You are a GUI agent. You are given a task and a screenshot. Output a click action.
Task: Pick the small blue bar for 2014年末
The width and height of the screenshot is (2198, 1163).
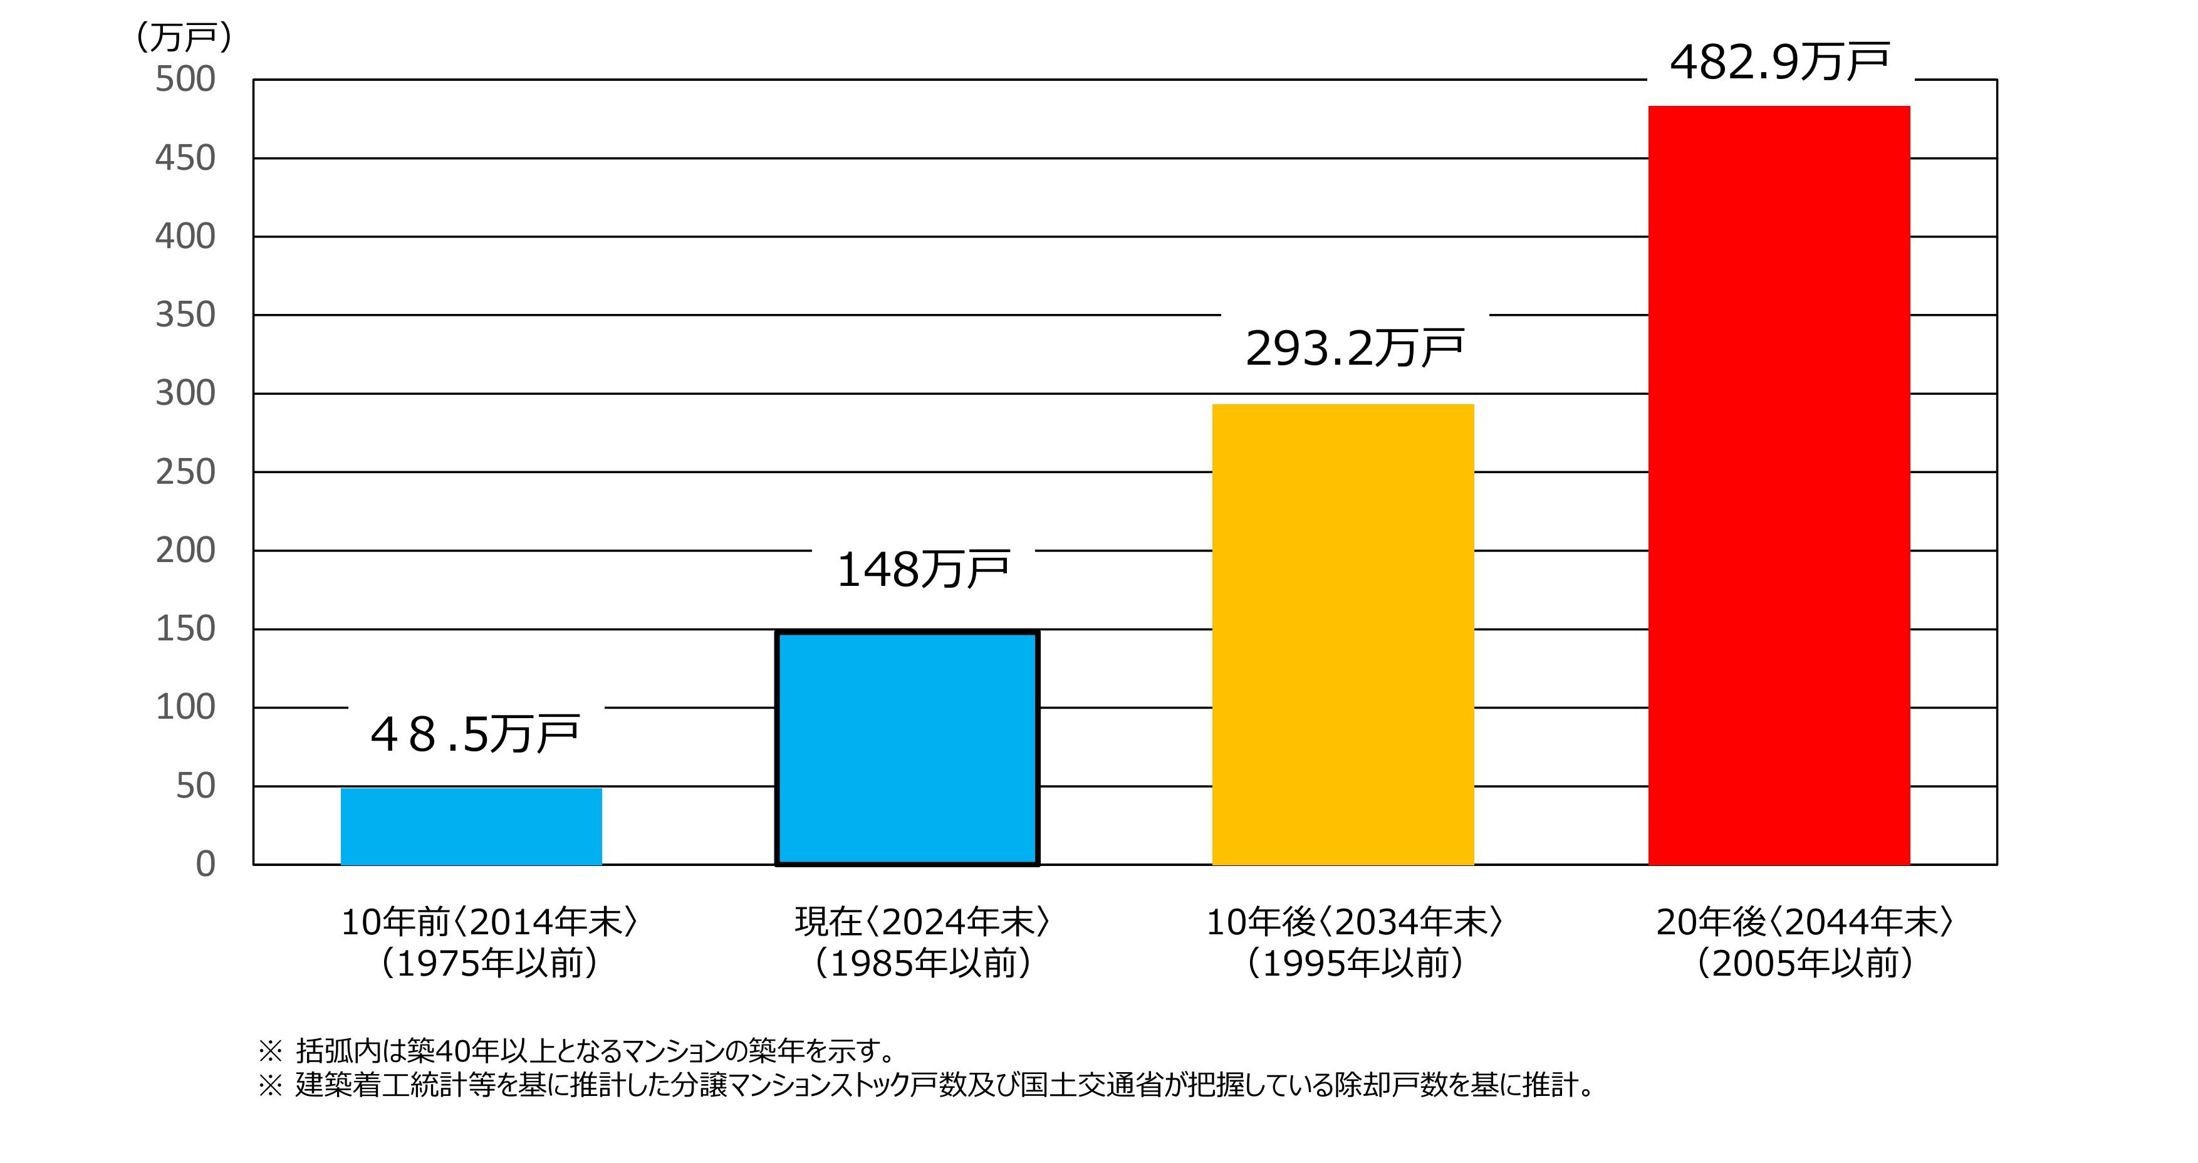pos(471,826)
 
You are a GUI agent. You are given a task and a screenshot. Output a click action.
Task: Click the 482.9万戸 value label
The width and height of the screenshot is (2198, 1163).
pos(1779,62)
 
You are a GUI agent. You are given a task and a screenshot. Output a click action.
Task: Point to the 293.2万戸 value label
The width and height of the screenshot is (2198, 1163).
pos(1354,348)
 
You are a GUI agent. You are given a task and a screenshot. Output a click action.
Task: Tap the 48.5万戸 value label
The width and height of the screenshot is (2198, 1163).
pos(474,734)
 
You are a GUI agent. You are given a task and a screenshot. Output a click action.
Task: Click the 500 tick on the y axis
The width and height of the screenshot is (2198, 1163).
pos(185,80)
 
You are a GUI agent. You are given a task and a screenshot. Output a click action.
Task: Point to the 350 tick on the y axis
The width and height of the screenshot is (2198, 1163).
pos(185,315)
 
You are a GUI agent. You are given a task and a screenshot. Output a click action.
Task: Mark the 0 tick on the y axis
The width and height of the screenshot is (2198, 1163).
pos(205,864)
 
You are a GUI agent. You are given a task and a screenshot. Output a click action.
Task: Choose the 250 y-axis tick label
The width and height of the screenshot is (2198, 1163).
pos(185,472)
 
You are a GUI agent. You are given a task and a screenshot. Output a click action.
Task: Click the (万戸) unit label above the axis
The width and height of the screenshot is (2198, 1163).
pos(184,37)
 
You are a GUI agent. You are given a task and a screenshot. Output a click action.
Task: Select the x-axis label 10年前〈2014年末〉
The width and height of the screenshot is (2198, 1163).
pos(489,922)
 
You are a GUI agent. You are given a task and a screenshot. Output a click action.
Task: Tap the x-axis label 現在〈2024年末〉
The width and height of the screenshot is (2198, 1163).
pos(922,922)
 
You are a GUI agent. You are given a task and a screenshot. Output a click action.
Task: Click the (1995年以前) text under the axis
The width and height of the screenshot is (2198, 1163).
pos(1354,963)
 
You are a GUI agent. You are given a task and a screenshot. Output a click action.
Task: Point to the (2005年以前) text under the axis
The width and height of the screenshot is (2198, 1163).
pos(1804,963)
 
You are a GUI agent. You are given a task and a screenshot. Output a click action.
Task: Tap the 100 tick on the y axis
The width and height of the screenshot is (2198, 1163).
pos(185,707)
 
